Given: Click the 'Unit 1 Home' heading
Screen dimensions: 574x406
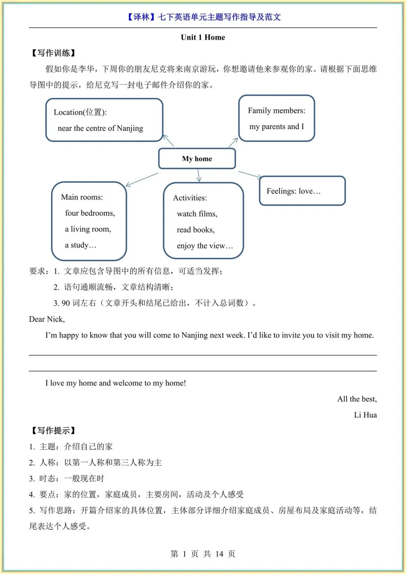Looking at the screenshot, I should [203, 37].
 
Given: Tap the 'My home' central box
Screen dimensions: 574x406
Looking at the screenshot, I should [197, 159].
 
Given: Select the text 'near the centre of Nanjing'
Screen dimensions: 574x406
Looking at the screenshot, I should [100, 128].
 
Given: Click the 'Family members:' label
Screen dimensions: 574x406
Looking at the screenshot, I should [276, 111].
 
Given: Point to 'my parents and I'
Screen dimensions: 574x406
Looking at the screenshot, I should [276, 127].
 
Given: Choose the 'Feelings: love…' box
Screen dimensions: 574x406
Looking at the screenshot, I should [302, 191].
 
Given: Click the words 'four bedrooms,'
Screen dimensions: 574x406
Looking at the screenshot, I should [90, 213].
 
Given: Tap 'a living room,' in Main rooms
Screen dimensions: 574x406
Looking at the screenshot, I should [88, 229].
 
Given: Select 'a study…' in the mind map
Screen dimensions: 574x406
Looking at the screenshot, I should [80, 245].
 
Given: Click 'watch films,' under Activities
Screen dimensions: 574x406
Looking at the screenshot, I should [197, 214].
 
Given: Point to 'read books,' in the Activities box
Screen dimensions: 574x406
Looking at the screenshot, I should [195, 230].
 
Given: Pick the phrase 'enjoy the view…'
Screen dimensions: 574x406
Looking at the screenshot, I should [205, 246].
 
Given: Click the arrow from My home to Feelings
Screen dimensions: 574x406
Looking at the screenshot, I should [250, 174].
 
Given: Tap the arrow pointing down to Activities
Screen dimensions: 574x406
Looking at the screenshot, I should [199, 176].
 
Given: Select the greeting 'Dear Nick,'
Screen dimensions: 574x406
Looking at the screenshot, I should [47, 319].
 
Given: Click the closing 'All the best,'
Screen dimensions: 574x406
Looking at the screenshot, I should [357, 399].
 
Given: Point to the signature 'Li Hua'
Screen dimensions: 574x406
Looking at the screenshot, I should [365, 415].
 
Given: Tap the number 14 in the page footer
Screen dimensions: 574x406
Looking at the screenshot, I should [219, 554].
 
